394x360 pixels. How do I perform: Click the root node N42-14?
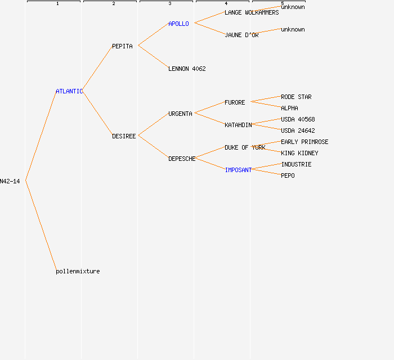(10, 181)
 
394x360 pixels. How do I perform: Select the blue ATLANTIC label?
(69, 91)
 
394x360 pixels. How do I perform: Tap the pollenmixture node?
(78, 271)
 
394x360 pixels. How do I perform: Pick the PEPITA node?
(122, 46)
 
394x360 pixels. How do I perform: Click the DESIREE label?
(124, 136)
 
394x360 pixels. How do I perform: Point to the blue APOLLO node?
(178, 24)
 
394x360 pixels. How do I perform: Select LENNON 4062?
(187, 69)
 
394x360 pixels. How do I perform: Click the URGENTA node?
(180, 114)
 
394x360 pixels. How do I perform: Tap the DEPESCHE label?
(182, 159)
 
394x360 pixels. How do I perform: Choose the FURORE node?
(235, 102)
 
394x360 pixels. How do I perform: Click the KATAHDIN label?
(238, 125)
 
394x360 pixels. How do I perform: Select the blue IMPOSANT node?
(238, 170)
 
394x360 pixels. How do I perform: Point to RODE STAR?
(296, 97)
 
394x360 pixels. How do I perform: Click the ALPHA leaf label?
(289, 108)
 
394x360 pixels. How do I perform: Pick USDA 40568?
(298, 119)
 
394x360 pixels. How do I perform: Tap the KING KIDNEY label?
(299, 153)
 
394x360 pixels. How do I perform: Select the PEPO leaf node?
(288, 175)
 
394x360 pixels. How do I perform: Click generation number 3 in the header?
(170, 3)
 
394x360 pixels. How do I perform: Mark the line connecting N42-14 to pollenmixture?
(41, 226)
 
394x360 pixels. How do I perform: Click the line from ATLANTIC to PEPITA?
(97, 68)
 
